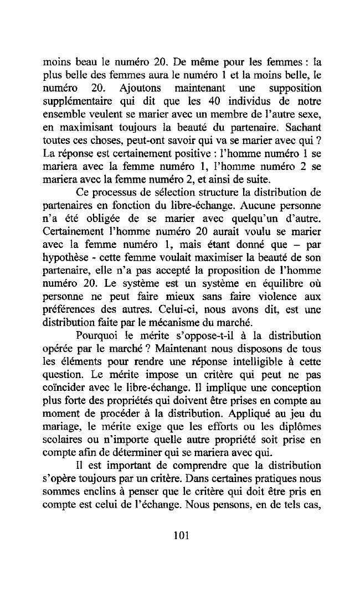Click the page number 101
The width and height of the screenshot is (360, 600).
point(181,535)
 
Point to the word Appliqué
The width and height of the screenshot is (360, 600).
point(249,437)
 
